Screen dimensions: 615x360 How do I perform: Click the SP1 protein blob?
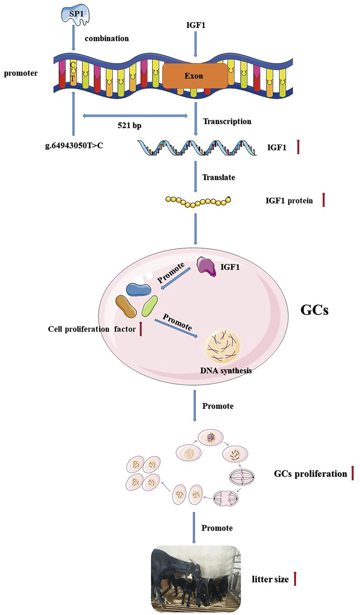(x=75, y=15)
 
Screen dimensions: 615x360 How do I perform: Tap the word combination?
(x=107, y=38)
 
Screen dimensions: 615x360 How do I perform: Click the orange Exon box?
(x=195, y=76)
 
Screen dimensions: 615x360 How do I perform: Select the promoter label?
(x=21, y=73)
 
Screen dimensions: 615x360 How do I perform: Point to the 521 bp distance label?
(x=129, y=125)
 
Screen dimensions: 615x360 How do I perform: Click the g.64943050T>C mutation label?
(x=74, y=146)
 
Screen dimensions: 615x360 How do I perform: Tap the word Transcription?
(x=227, y=121)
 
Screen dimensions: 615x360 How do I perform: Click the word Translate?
(x=219, y=178)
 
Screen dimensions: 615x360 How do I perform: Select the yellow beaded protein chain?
(x=198, y=202)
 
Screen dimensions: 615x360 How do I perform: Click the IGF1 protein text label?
(x=289, y=201)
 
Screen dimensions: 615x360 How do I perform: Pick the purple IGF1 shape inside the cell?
(x=206, y=267)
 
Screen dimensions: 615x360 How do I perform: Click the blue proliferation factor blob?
(x=138, y=290)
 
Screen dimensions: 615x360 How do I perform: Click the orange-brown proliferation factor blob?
(x=126, y=307)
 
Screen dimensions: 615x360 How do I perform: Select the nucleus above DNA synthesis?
(x=222, y=347)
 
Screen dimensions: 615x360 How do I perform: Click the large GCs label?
(x=314, y=310)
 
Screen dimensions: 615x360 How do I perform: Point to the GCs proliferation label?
(x=310, y=474)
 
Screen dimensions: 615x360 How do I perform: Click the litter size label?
(x=270, y=579)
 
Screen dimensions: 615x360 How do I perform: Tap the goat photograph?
(x=196, y=578)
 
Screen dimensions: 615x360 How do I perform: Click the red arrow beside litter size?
(x=295, y=578)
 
